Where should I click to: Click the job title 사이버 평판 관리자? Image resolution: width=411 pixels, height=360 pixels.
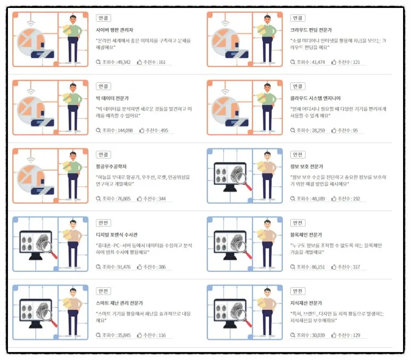(x=114, y=30)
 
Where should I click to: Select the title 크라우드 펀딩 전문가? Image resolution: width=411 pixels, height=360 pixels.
(x=311, y=30)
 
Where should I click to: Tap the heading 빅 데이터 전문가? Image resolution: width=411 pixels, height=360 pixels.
(x=112, y=98)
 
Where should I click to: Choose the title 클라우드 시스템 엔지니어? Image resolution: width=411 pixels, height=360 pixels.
(x=315, y=98)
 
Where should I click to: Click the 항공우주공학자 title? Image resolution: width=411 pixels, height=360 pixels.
(x=111, y=166)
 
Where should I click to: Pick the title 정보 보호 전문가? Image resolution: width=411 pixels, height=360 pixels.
(x=307, y=166)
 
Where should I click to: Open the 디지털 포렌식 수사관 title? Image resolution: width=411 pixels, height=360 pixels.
(x=116, y=235)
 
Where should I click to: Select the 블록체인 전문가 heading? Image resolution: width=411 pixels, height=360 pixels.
(x=306, y=235)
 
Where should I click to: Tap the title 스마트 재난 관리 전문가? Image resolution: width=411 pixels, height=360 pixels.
(x=120, y=303)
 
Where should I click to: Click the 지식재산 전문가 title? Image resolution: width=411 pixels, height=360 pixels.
(x=306, y=303)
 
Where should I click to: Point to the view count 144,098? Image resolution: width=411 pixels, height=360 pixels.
(x=125, y=130)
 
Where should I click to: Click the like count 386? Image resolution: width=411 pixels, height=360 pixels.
(x=162, y=267)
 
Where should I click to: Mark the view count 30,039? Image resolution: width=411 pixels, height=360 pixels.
(x=318, y=335)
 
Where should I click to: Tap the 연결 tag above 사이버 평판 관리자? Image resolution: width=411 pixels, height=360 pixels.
(x=103, y=18)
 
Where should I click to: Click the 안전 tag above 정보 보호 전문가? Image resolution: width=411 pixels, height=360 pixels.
(x=298, y=155)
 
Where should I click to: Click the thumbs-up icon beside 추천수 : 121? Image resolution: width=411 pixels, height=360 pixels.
(x=334, y=62)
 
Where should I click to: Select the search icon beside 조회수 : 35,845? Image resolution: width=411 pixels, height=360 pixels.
(x=98, y=335)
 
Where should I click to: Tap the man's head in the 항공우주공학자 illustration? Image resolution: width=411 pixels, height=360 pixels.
(x=73, y=155)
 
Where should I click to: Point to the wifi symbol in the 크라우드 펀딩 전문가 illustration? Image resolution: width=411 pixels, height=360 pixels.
(x=225, y=23)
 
